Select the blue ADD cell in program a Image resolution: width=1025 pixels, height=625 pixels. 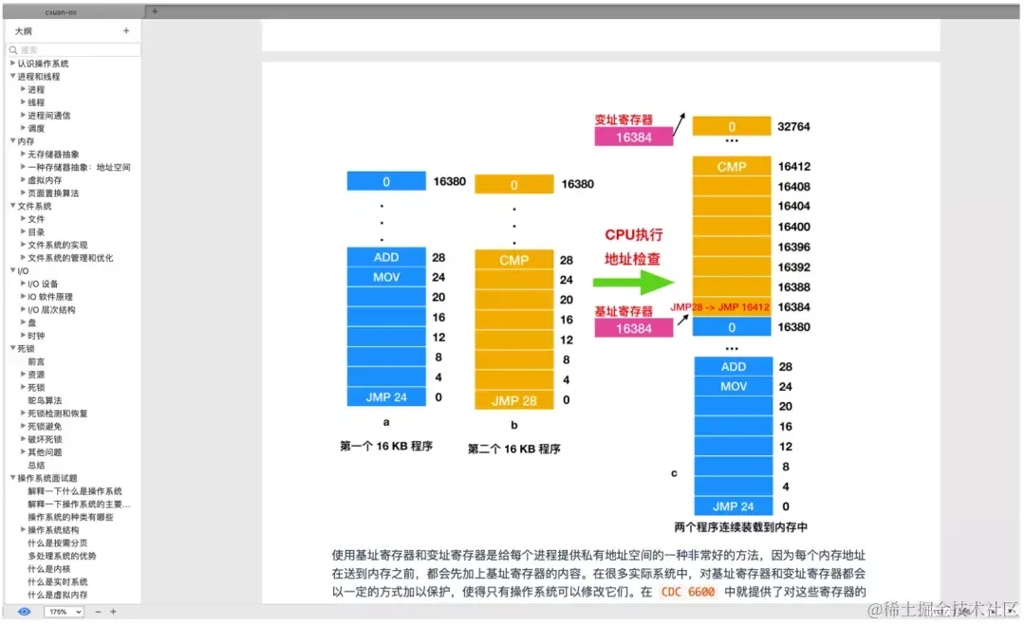[386, 257]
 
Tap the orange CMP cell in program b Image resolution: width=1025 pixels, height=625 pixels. [513, 260]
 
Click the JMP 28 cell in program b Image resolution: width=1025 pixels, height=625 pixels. [513, 400]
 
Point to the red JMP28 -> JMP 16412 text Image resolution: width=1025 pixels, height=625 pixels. [719, 307]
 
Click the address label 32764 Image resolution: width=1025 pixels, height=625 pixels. [793, 126]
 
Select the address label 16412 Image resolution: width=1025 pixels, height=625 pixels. [793, 167]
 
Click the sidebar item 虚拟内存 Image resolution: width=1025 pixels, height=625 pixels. [45, 180]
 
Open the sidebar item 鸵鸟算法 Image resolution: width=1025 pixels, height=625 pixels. [45, 400]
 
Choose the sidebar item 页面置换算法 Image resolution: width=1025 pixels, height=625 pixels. [53, 193]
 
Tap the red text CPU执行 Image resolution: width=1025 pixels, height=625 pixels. [634, 234]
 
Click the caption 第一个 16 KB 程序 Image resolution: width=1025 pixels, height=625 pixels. [385, 446]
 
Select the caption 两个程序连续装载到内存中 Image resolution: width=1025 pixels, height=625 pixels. [740, 527]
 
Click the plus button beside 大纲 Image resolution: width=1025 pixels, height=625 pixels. [126, 31]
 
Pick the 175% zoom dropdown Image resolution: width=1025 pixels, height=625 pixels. [64, 612]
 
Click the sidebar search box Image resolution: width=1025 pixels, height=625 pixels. [74, 49]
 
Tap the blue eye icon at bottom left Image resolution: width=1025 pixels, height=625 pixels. [24, 612]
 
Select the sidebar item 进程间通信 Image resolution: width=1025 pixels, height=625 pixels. [48, 115]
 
